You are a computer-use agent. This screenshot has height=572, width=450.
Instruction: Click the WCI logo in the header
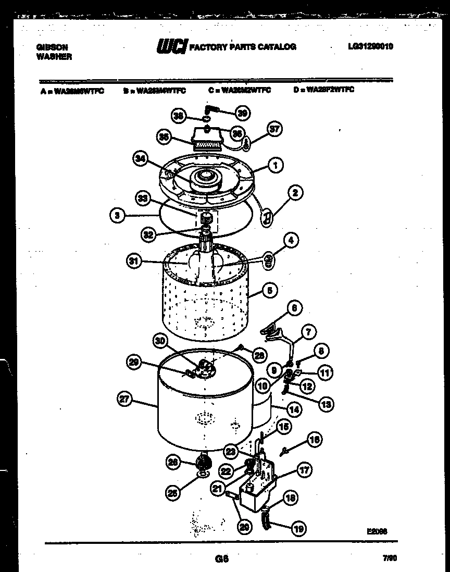click(x=171, y=47)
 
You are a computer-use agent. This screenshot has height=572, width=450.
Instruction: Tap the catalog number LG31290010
click(x=370, y=46)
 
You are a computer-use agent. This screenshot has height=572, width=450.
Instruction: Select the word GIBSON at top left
click(x=52, y=46)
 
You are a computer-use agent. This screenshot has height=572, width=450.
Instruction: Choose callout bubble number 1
click(x=275, y=165)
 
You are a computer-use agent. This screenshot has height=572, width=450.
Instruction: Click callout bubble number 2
click(x=295, y=193)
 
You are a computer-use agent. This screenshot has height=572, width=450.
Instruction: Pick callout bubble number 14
click(x=295, y=409)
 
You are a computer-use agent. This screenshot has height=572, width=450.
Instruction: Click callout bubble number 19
click(x=298, y=529)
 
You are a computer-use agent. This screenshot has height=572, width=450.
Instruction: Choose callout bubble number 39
click(x=243, y=113)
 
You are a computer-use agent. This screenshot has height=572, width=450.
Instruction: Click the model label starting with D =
click(x=324, y=90)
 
